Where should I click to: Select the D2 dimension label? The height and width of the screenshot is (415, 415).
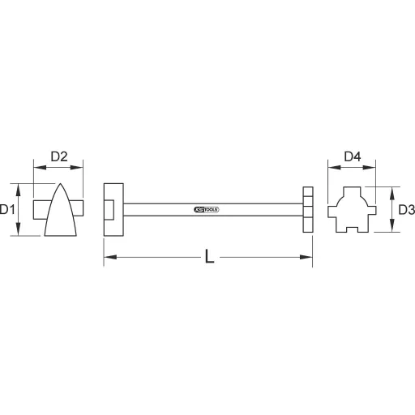(x=58, y=155)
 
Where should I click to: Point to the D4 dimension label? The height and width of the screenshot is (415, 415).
(x=353, y=155)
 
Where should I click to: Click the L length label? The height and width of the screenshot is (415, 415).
(x=209, y=258)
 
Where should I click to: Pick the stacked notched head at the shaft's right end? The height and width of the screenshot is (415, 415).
(x=306, y=209)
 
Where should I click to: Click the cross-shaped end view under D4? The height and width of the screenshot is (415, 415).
(x=353, y=210)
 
